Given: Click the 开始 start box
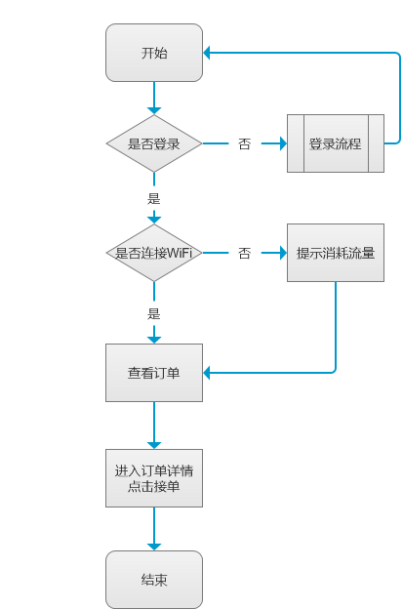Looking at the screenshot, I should [154, 53].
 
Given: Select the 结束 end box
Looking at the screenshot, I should [154, 580].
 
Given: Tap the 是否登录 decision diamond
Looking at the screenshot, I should [154, 143].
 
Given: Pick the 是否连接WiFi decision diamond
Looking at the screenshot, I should [154, 253].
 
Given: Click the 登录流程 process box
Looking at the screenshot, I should [335, 143].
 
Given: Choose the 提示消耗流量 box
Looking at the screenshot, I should [335, 253].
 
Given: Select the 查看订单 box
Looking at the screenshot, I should [154, 372].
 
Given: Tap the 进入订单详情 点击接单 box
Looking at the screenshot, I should [154, 477].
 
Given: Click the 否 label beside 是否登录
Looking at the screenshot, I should [244, 143].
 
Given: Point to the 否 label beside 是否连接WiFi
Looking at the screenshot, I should [244, 253].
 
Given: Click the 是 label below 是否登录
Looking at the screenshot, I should [153, 198].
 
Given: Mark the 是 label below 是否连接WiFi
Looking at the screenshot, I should [153, 313].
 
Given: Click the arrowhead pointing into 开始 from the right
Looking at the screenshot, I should [210, 53].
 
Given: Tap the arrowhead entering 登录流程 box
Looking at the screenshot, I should [281, 143].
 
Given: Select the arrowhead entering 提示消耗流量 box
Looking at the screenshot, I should [281, 253].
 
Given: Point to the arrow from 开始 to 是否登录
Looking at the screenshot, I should [154, 98].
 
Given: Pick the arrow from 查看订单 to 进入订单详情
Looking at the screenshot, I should [154, 424].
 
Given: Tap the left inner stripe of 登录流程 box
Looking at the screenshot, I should [296, 143].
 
